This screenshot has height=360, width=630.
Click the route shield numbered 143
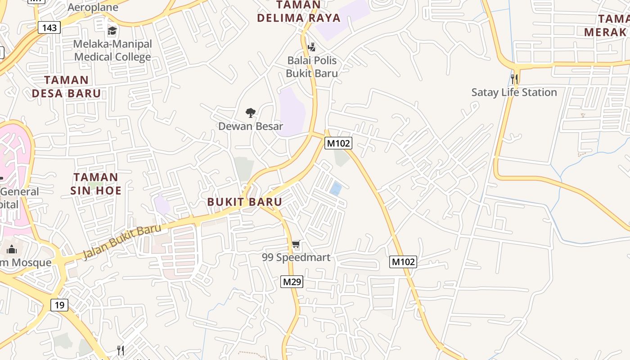point(49,27)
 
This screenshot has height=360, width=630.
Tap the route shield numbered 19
point(59,305)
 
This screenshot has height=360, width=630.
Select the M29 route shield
point(292,282)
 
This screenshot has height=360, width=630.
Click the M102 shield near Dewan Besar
point(338,143)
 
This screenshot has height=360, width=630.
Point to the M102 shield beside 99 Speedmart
point(403,261)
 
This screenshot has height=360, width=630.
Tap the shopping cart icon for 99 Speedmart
point(296,244)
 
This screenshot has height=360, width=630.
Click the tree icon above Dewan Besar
point(251,112)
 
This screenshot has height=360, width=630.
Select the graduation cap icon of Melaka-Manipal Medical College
point(112,31)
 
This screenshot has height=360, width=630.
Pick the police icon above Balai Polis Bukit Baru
point(311,47)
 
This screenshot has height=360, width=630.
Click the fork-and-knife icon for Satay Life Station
point(514,79)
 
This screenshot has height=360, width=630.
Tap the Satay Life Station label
point(514,92)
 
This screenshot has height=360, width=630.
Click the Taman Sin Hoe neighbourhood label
point(96,184)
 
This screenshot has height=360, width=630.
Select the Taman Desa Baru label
point(66,87)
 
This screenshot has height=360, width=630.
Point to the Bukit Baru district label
point(245,202)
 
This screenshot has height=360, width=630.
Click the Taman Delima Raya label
point(299,12)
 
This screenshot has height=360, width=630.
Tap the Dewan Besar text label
point(251,126)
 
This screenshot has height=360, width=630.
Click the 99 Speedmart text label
point(296,257)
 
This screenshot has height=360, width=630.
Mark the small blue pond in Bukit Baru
point(335,188)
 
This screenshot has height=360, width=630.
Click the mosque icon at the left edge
point(12,249)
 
